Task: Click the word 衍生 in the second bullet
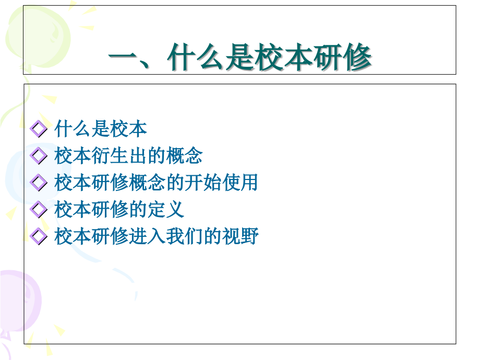(110, 155)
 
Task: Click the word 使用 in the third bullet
(242, 183)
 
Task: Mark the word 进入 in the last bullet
(147, 237)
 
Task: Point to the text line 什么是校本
(100, 128)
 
